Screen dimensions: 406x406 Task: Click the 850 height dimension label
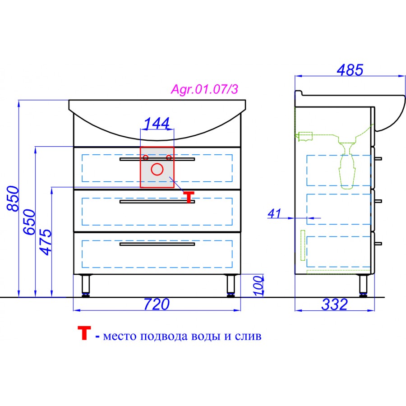(x=13, y=198)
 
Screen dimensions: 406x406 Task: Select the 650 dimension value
(x=29, y=222)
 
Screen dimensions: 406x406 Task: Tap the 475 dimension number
(x=46, y=242)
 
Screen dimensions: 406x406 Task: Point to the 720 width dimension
(x=157, y=304)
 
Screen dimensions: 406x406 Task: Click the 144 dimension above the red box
(x=157, y=123)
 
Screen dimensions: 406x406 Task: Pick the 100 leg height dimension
(x=258, y=286)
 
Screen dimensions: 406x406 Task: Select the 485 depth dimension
(x=350, y=70)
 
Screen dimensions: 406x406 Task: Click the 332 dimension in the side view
(x=335, y=304)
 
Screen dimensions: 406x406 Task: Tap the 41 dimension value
(x=274, y=213)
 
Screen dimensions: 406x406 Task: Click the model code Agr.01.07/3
(x=204, y=89)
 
